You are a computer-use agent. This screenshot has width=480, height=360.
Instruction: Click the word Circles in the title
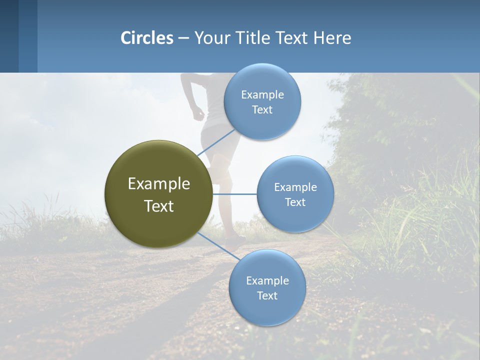147,38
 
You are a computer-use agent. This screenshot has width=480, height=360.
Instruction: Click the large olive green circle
158,194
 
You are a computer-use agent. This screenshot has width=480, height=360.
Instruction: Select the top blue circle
262,101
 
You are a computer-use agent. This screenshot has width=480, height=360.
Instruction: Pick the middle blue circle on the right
295,194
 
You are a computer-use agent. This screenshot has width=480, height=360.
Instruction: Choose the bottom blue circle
267,287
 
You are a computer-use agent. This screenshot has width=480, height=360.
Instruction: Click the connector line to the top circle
216,142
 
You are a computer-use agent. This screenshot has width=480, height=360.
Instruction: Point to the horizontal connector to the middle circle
234,194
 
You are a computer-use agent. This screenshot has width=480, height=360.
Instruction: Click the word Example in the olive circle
158,183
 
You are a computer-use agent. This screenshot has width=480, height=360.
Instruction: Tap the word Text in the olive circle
158,206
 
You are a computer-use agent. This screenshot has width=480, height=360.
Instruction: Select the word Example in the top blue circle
262,94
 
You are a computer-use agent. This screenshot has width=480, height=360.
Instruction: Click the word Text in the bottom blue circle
267,295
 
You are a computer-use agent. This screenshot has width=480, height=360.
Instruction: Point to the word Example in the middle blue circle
295,187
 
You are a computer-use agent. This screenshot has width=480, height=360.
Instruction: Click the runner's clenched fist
199,113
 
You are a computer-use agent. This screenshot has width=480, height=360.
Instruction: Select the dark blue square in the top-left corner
9,36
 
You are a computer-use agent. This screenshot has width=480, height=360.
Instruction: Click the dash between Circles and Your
183,38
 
